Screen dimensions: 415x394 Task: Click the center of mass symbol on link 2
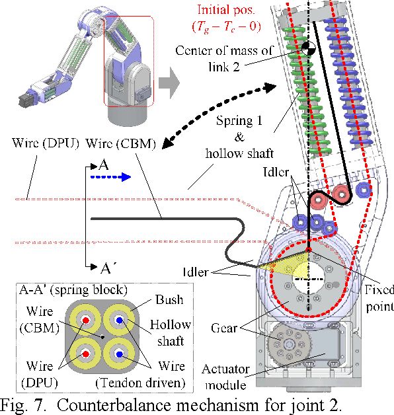click(308, 48)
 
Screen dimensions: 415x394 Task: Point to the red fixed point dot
click(309, 250)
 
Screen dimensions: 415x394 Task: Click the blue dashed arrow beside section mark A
click(122, 176)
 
